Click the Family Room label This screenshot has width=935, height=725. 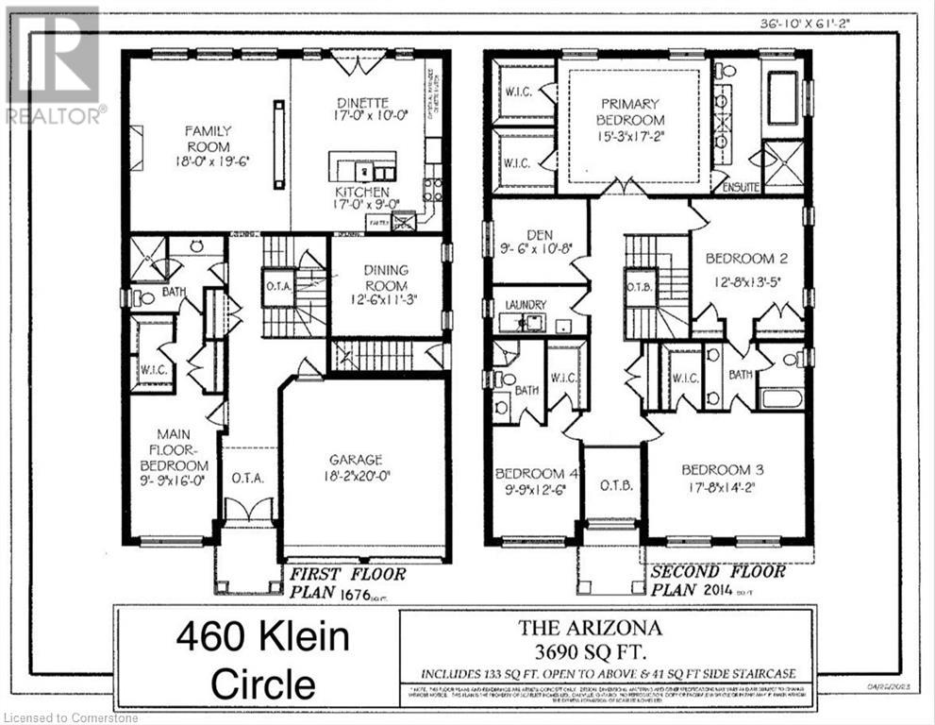coord(208,140)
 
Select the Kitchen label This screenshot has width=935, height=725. coord(361,192)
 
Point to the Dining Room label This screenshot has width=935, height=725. coord(386,278)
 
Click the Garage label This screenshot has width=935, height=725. coord(356,460)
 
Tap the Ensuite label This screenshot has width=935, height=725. coord(742,187)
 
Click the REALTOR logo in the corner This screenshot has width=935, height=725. coord(52,66)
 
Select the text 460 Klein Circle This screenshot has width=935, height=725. coord(262,661)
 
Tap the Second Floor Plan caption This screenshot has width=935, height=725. coord(717,581)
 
